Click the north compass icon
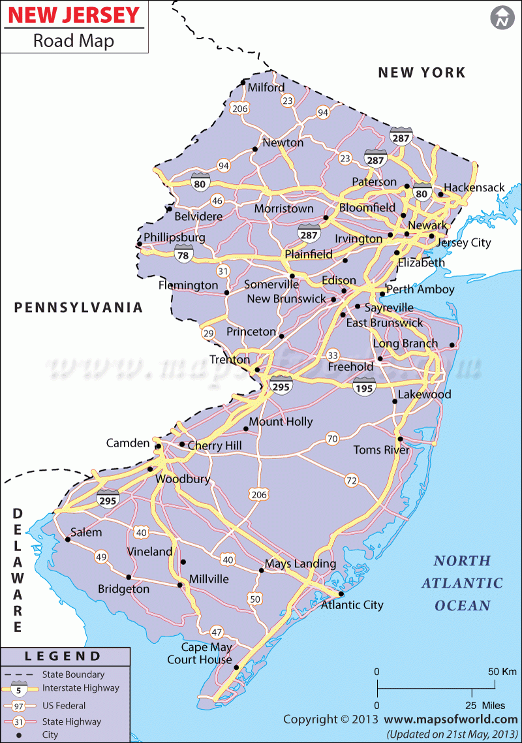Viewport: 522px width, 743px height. [x=502, y=18]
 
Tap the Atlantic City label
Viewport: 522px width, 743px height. [x=352, y=605]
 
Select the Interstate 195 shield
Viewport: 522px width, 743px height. [x=364, y=387]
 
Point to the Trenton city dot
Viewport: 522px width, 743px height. [x=257, y=370]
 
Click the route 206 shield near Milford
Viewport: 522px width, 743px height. [x=240, y=108]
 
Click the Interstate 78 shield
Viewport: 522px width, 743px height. [x=183, y=255]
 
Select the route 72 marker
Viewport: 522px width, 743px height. [x=352, y=481]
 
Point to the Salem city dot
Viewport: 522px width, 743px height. [x=68, y=540]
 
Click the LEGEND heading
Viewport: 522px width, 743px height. [x=63, y=656]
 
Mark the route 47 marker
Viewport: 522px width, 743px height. [x=217, y=632]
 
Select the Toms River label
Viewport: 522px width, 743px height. [x=381, y=450]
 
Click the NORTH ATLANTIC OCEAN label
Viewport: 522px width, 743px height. [x=462, y=583]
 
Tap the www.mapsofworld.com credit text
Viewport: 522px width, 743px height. [x=450, y=719]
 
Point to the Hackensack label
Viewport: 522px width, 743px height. [x=474, y=188]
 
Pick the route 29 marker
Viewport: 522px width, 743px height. [x=208, y=334]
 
